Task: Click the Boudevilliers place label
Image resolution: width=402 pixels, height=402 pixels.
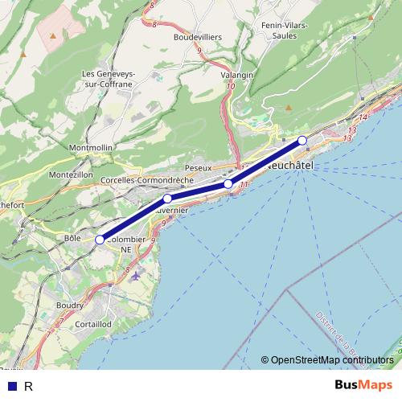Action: pos(198,37)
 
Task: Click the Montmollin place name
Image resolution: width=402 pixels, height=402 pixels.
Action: pos(91,149)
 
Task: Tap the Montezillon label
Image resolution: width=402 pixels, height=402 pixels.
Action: pos(71,174)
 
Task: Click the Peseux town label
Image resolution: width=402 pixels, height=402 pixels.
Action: pos(197,167)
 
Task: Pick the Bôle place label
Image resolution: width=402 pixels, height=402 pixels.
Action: pos(72,239)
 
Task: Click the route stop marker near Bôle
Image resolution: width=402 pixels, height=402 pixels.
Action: pos(100,240)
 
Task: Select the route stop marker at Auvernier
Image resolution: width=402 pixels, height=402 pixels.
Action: pos(167,199)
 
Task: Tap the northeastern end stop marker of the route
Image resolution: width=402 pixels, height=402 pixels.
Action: pos(302,141)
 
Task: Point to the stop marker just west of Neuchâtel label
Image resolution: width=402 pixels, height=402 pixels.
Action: pos(228,184)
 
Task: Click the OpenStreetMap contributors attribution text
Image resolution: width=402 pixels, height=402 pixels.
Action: pos(331,360)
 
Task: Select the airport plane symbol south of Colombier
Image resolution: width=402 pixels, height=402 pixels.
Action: pos(135,275)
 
